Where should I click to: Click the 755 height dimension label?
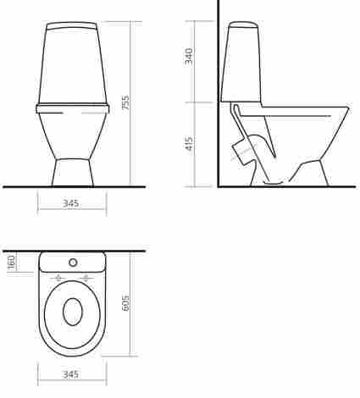(125, 102)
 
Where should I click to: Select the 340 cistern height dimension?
(189, 56)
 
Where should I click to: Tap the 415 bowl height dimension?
(190, 144)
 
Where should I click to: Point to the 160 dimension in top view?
(11, 262)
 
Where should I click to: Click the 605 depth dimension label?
(125, 303)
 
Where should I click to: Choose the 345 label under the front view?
(70, 203)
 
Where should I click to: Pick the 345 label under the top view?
(70, 374)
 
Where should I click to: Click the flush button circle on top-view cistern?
(73, 263)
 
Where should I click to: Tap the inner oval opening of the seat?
(73, 312)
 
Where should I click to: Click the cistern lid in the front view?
(72, 25)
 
